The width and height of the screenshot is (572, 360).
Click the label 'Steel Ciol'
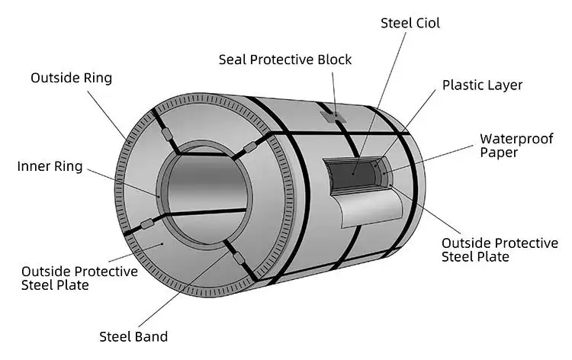tap(410, 23)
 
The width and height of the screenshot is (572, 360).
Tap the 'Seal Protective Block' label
tap(285, 59)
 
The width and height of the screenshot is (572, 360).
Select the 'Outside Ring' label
tap(71, 78)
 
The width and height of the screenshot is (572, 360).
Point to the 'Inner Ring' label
tap(50, 166)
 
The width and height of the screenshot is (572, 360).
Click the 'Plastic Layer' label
tap(483, 85)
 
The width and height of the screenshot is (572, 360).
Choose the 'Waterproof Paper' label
tap(509, 146)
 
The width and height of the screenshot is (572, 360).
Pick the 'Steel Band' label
tap(133, 336)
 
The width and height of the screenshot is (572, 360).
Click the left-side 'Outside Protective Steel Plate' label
tap(79, 278)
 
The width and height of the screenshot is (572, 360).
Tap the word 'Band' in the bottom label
tap(151, 336)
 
